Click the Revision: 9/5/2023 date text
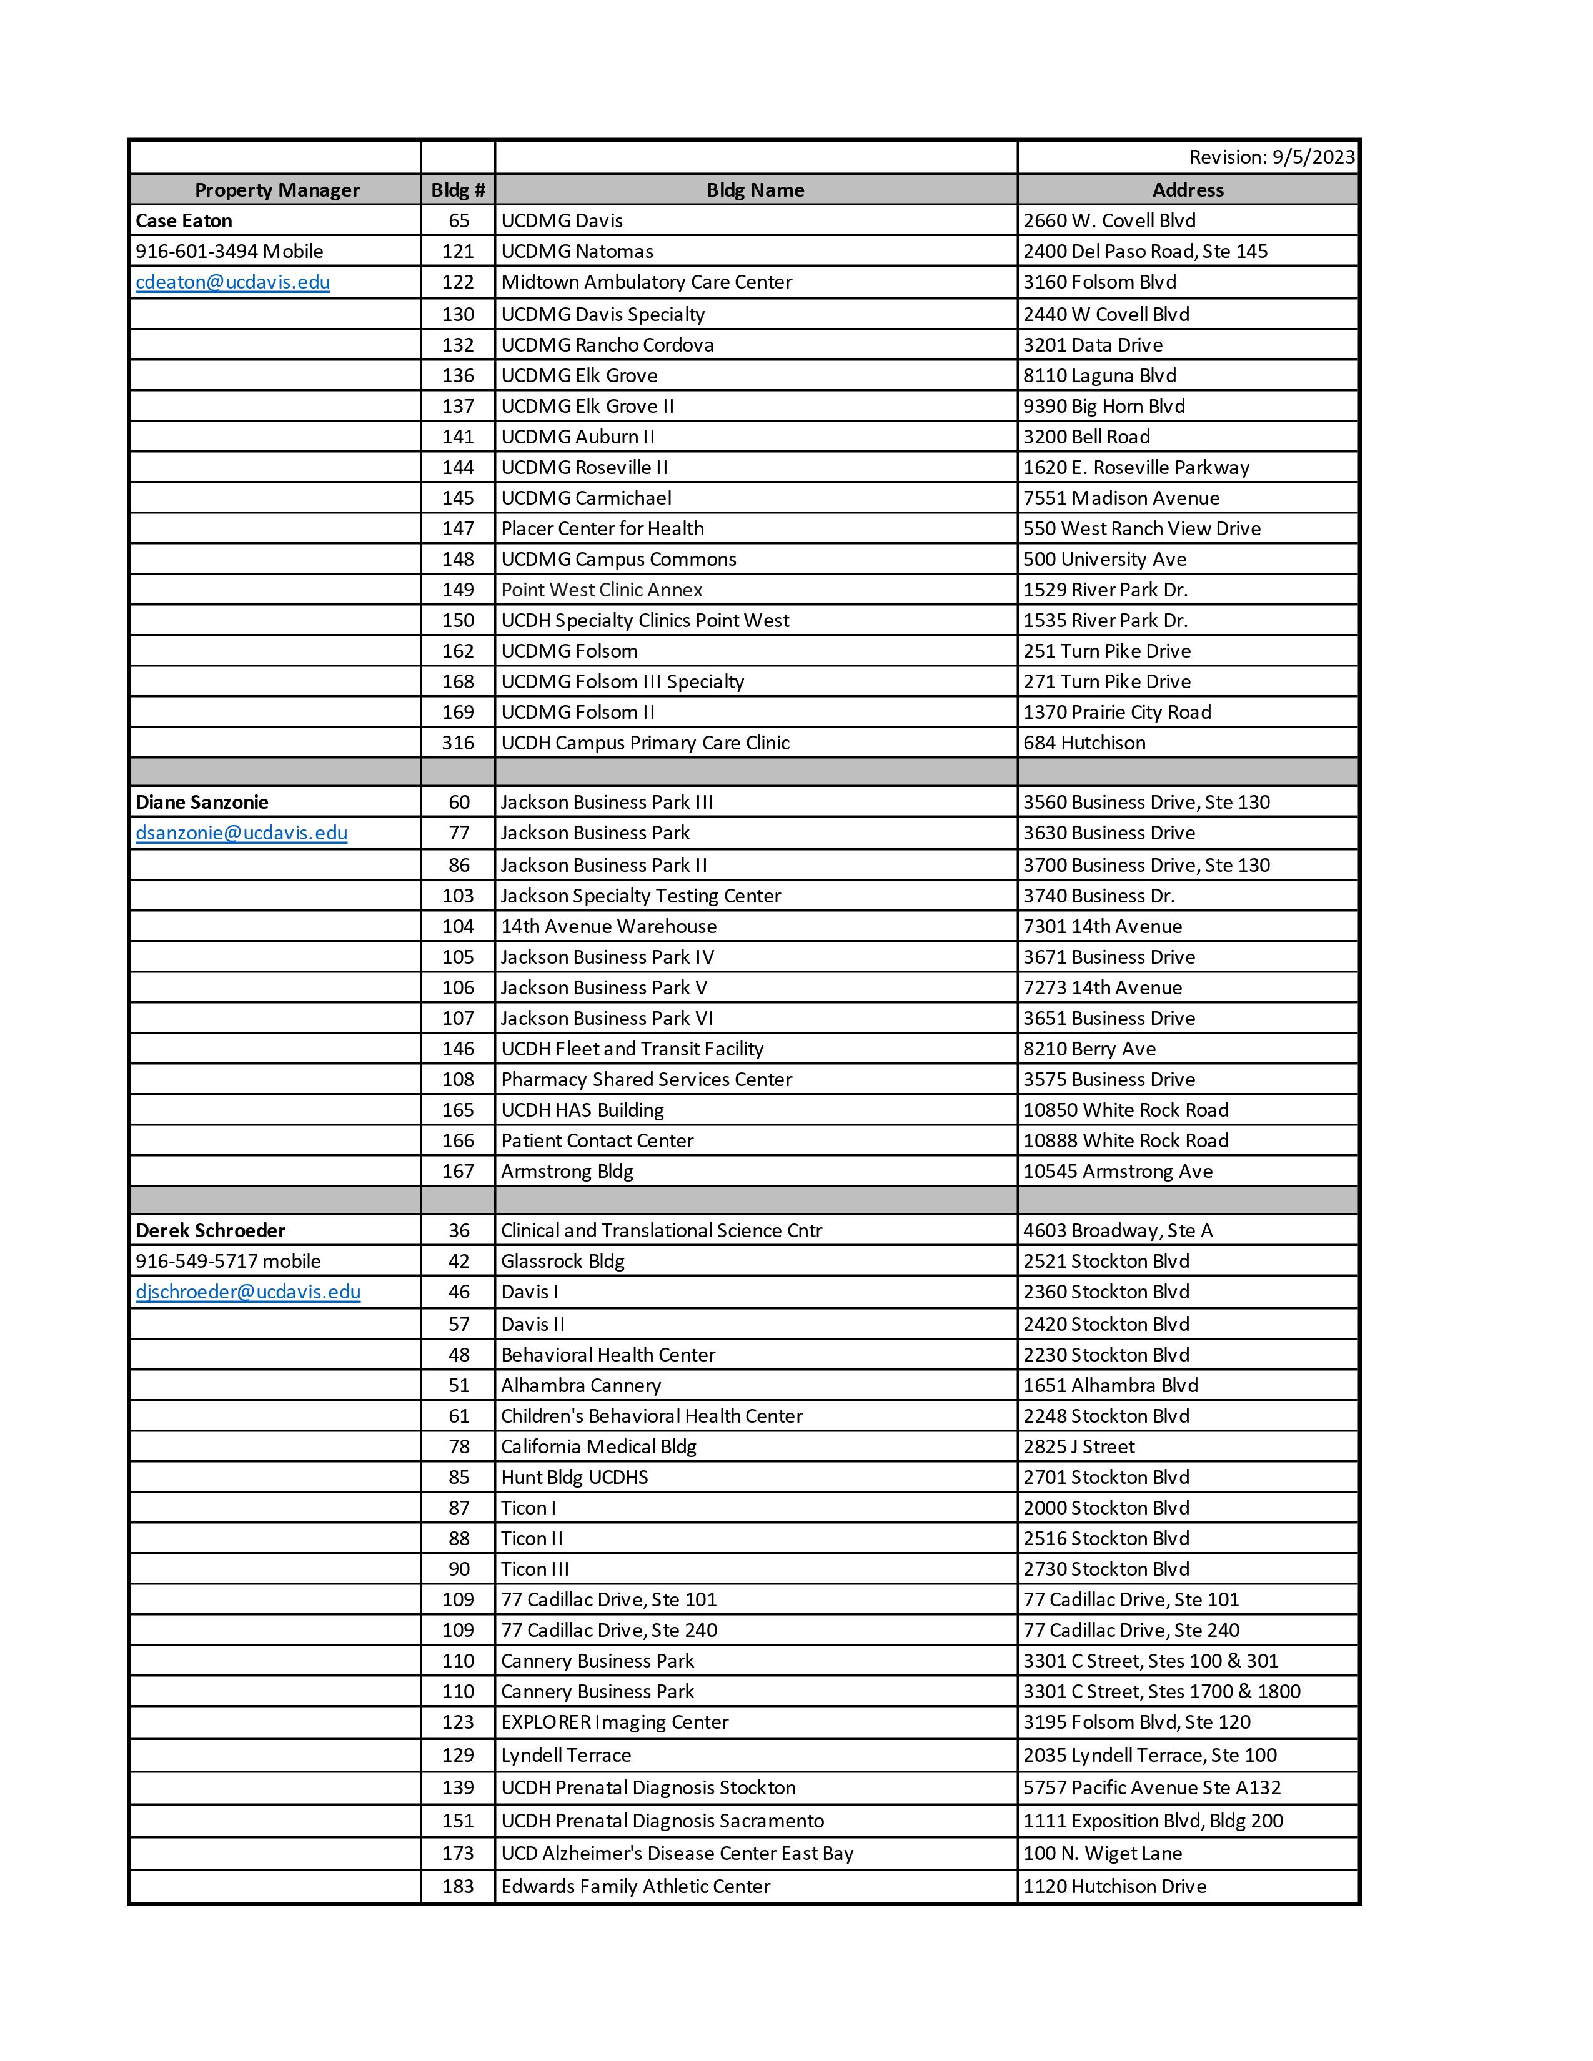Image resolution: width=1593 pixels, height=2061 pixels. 1271,157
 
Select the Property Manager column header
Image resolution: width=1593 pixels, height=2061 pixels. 277,190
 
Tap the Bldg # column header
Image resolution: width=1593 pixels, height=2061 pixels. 458,190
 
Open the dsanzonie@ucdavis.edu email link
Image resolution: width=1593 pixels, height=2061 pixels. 242,833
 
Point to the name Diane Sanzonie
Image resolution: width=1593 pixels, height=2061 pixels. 202,802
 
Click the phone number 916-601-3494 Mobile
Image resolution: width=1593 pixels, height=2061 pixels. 229,251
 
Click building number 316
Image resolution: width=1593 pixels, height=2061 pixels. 458,743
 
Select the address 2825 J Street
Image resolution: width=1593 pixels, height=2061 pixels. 1079,1446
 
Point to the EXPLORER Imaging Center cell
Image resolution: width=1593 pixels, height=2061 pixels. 614,1722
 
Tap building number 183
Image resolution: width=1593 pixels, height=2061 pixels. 458,1886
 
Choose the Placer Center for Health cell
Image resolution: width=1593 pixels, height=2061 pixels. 602,528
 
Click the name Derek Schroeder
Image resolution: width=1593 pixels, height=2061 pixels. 211,1230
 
